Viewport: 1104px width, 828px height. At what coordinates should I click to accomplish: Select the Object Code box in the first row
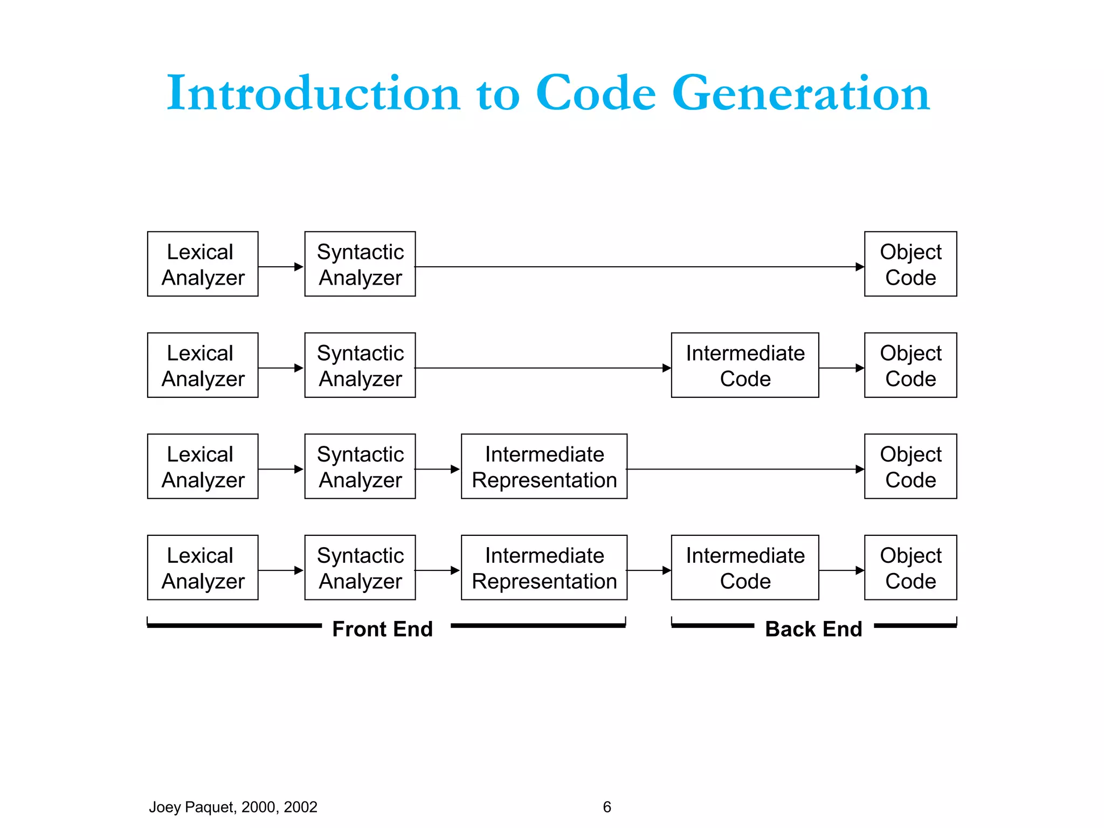click(x=910, y=264)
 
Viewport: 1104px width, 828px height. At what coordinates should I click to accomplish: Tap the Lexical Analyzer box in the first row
click(x=203, y=264)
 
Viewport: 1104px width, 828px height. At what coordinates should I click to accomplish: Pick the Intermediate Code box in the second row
click(x=744, y=365)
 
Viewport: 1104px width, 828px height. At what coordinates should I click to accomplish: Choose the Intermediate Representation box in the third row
click(x=544, y=466)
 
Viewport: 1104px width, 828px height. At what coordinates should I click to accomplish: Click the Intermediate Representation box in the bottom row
click(x=544, y=568)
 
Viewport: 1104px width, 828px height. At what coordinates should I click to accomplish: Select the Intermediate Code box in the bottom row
click(x=744, y=568)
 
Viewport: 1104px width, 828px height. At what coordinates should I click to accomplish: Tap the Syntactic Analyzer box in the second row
click(x=360, y=365)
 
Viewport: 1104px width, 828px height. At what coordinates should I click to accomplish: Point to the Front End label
click(x=382, y=629)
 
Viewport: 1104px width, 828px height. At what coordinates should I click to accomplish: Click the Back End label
click(x=813, y=629)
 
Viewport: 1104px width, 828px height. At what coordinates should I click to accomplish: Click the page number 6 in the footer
click(x=607, y=807)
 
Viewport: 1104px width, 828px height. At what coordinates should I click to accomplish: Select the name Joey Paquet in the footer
click(x=191, y=807)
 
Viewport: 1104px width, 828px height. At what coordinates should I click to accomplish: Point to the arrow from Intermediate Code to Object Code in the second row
click(x=841, y=368)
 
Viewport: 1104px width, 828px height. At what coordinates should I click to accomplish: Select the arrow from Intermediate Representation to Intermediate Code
click(x=648, y=570)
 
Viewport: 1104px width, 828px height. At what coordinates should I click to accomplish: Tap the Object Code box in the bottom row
click(x=910, y=568)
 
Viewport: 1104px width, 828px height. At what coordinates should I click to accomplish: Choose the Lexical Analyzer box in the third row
click(x=203, y=466)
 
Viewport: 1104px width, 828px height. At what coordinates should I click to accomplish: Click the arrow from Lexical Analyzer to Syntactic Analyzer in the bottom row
click(x=281, y=570)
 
